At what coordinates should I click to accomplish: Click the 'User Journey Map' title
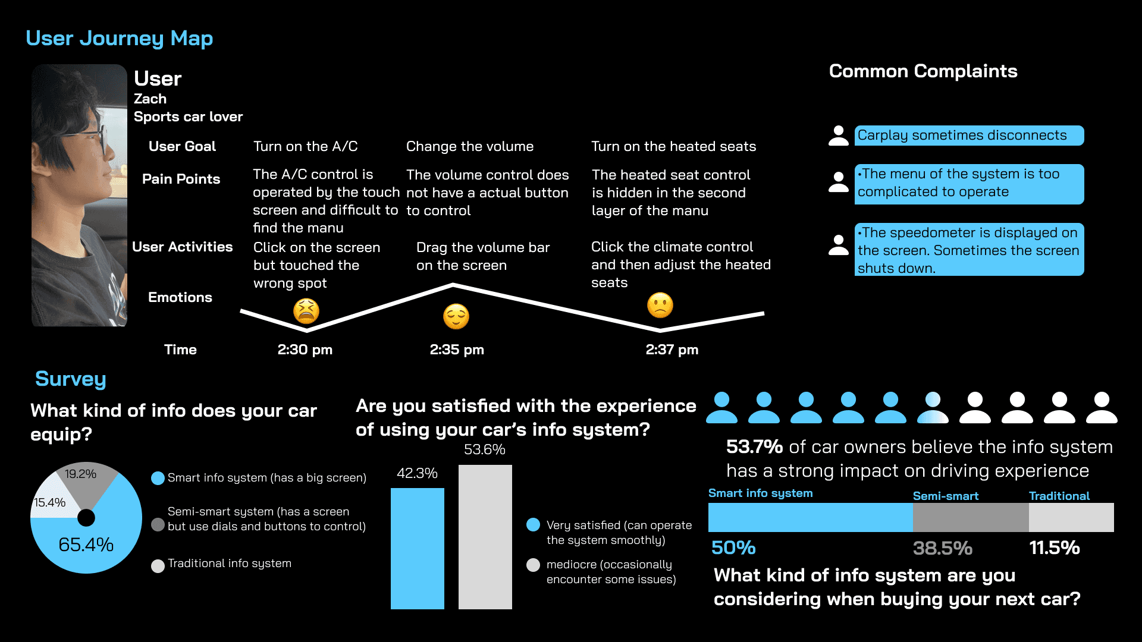coord(119,39)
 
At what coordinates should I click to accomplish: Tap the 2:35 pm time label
coord(457,350)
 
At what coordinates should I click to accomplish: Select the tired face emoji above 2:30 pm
coord(306,311)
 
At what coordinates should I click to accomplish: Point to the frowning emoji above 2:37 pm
coord(660,306)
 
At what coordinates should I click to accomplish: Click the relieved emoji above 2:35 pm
coord(456,317)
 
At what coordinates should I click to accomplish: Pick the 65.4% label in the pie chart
coord(86,545)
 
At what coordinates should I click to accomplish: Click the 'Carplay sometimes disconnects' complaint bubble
coord(968,136)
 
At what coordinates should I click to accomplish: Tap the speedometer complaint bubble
coord(968,250)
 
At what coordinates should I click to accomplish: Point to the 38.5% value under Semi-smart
coord(942,548)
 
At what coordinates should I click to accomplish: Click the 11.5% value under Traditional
coord(1054,547)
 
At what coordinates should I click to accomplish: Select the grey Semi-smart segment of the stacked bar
coord(970,517)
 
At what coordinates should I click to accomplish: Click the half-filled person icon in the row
coord(933,408)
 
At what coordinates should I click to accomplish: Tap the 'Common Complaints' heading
coord(923,71)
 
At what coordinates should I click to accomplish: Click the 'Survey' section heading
coord(70,379)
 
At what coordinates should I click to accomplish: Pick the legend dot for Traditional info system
coord(158,566)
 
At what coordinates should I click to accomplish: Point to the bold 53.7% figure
coord(754,446)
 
